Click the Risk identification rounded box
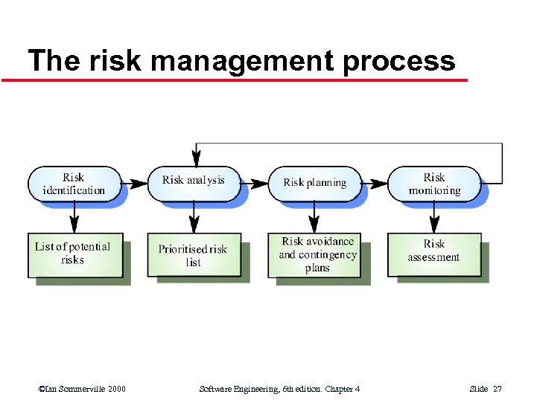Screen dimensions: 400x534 click(x=74, y=183)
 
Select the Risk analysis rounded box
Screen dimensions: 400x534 click(x=193, y=181)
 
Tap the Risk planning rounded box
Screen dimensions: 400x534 click(x=314, y=182)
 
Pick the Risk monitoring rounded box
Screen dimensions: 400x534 click(x=434, y=183)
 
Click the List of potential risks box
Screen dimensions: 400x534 click(x=74, y=254)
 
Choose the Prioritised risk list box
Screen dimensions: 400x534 click(x=193, y=255)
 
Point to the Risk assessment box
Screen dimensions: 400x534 click(x=433, y=251)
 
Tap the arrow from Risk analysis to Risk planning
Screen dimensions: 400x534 click(x=255, y=182)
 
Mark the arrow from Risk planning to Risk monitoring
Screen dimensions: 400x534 click(x=375, y=182)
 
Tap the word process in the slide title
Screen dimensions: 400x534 click(x=398, y=61)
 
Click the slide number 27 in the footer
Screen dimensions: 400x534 click(x=498, y=389)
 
